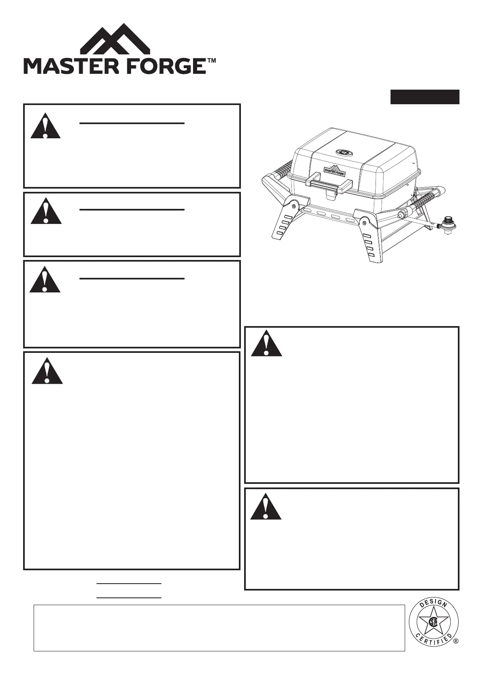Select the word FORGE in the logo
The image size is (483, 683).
(x=163, y=66)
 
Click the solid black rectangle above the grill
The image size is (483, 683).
(x=425, y=97)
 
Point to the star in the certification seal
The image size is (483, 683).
(x=433, y=623)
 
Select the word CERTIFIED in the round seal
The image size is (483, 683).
(x=433, y=646)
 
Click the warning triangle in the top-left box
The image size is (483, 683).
(x=45, y=126)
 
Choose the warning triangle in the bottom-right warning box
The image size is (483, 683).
(x=266, y=506)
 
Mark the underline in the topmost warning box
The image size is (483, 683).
(x=132, y=122)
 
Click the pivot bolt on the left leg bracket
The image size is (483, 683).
(x=294, y=206)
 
